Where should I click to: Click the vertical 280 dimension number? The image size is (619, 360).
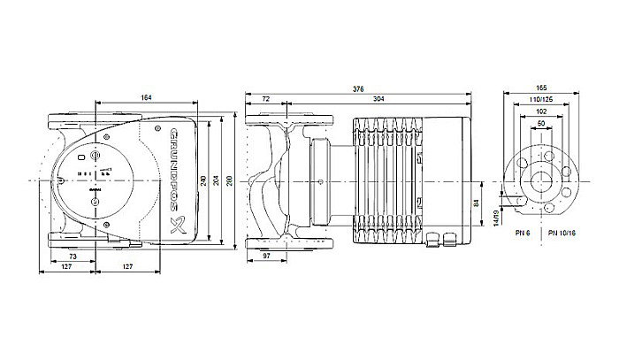click(x=231, y=180)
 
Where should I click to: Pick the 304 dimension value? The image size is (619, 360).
click(x=379, y=99)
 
